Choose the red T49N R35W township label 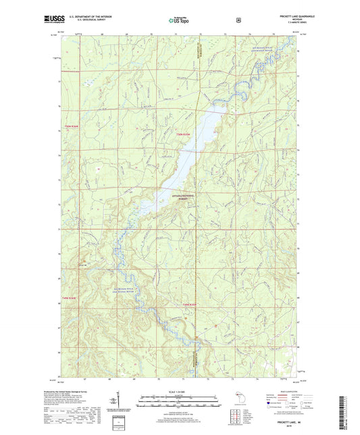(190, 304)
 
